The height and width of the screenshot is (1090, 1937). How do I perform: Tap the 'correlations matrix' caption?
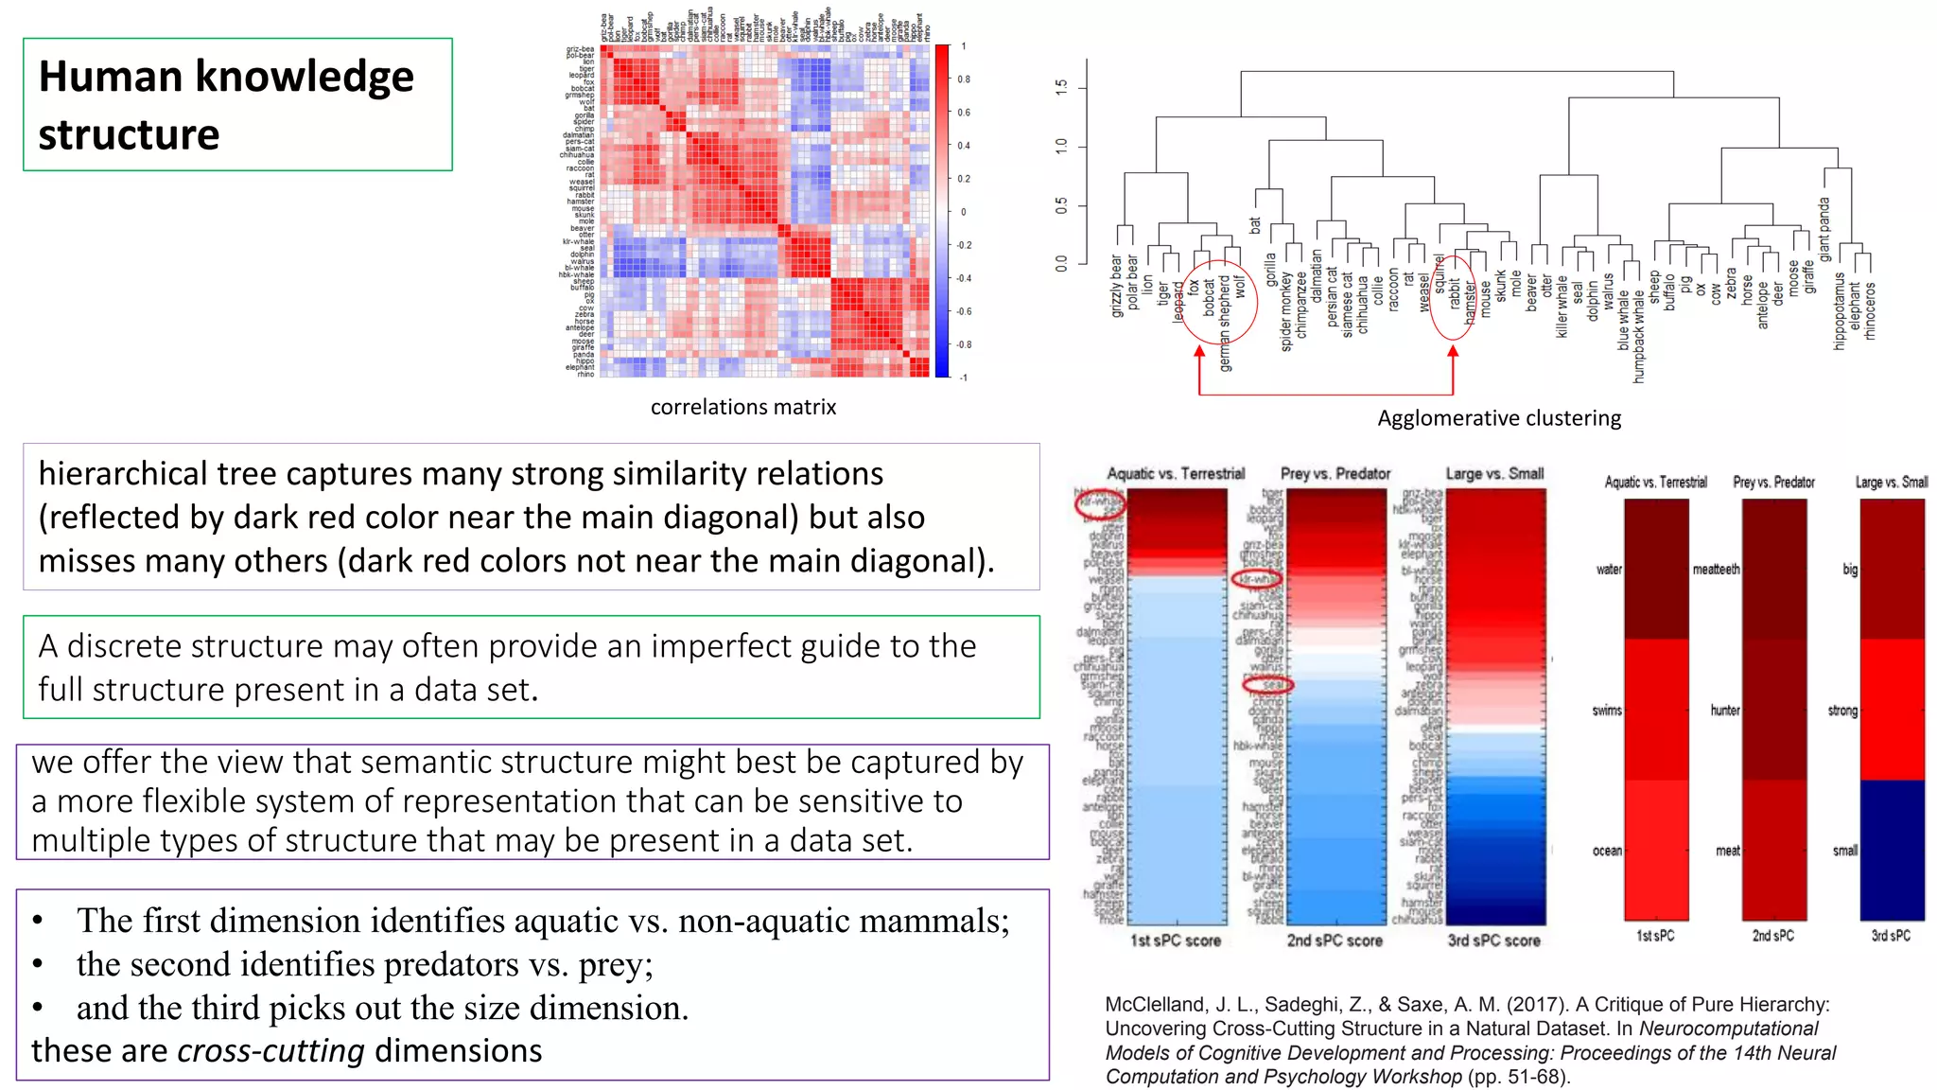coord(742,407)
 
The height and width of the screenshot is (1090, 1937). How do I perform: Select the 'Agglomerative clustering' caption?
coord(1498,418)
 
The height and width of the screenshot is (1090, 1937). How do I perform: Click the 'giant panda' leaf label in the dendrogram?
coord(1824,229)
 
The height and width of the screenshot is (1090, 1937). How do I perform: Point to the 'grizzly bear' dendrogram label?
coord(1116,285)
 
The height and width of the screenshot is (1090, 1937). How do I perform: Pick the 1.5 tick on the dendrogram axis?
coord(1061,87)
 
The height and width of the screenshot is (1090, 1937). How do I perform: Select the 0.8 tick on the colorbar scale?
coord(963,79)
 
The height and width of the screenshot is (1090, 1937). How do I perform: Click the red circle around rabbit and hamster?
coord(1452,298)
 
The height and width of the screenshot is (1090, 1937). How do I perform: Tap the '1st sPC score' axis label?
coord(1175,941)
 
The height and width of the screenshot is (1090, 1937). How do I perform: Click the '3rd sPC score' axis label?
coord(1493,941)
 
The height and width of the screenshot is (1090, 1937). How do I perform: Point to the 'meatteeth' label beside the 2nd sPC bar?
coord(1716,570)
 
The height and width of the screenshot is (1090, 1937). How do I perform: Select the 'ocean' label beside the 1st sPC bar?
coord(1606,851)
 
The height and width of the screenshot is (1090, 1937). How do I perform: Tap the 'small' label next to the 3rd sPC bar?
coord(1844,851)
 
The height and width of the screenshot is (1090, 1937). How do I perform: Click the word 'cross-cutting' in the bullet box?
coord(270,1051)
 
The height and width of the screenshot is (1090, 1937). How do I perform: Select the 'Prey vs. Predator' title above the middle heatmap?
coord(1335,473)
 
